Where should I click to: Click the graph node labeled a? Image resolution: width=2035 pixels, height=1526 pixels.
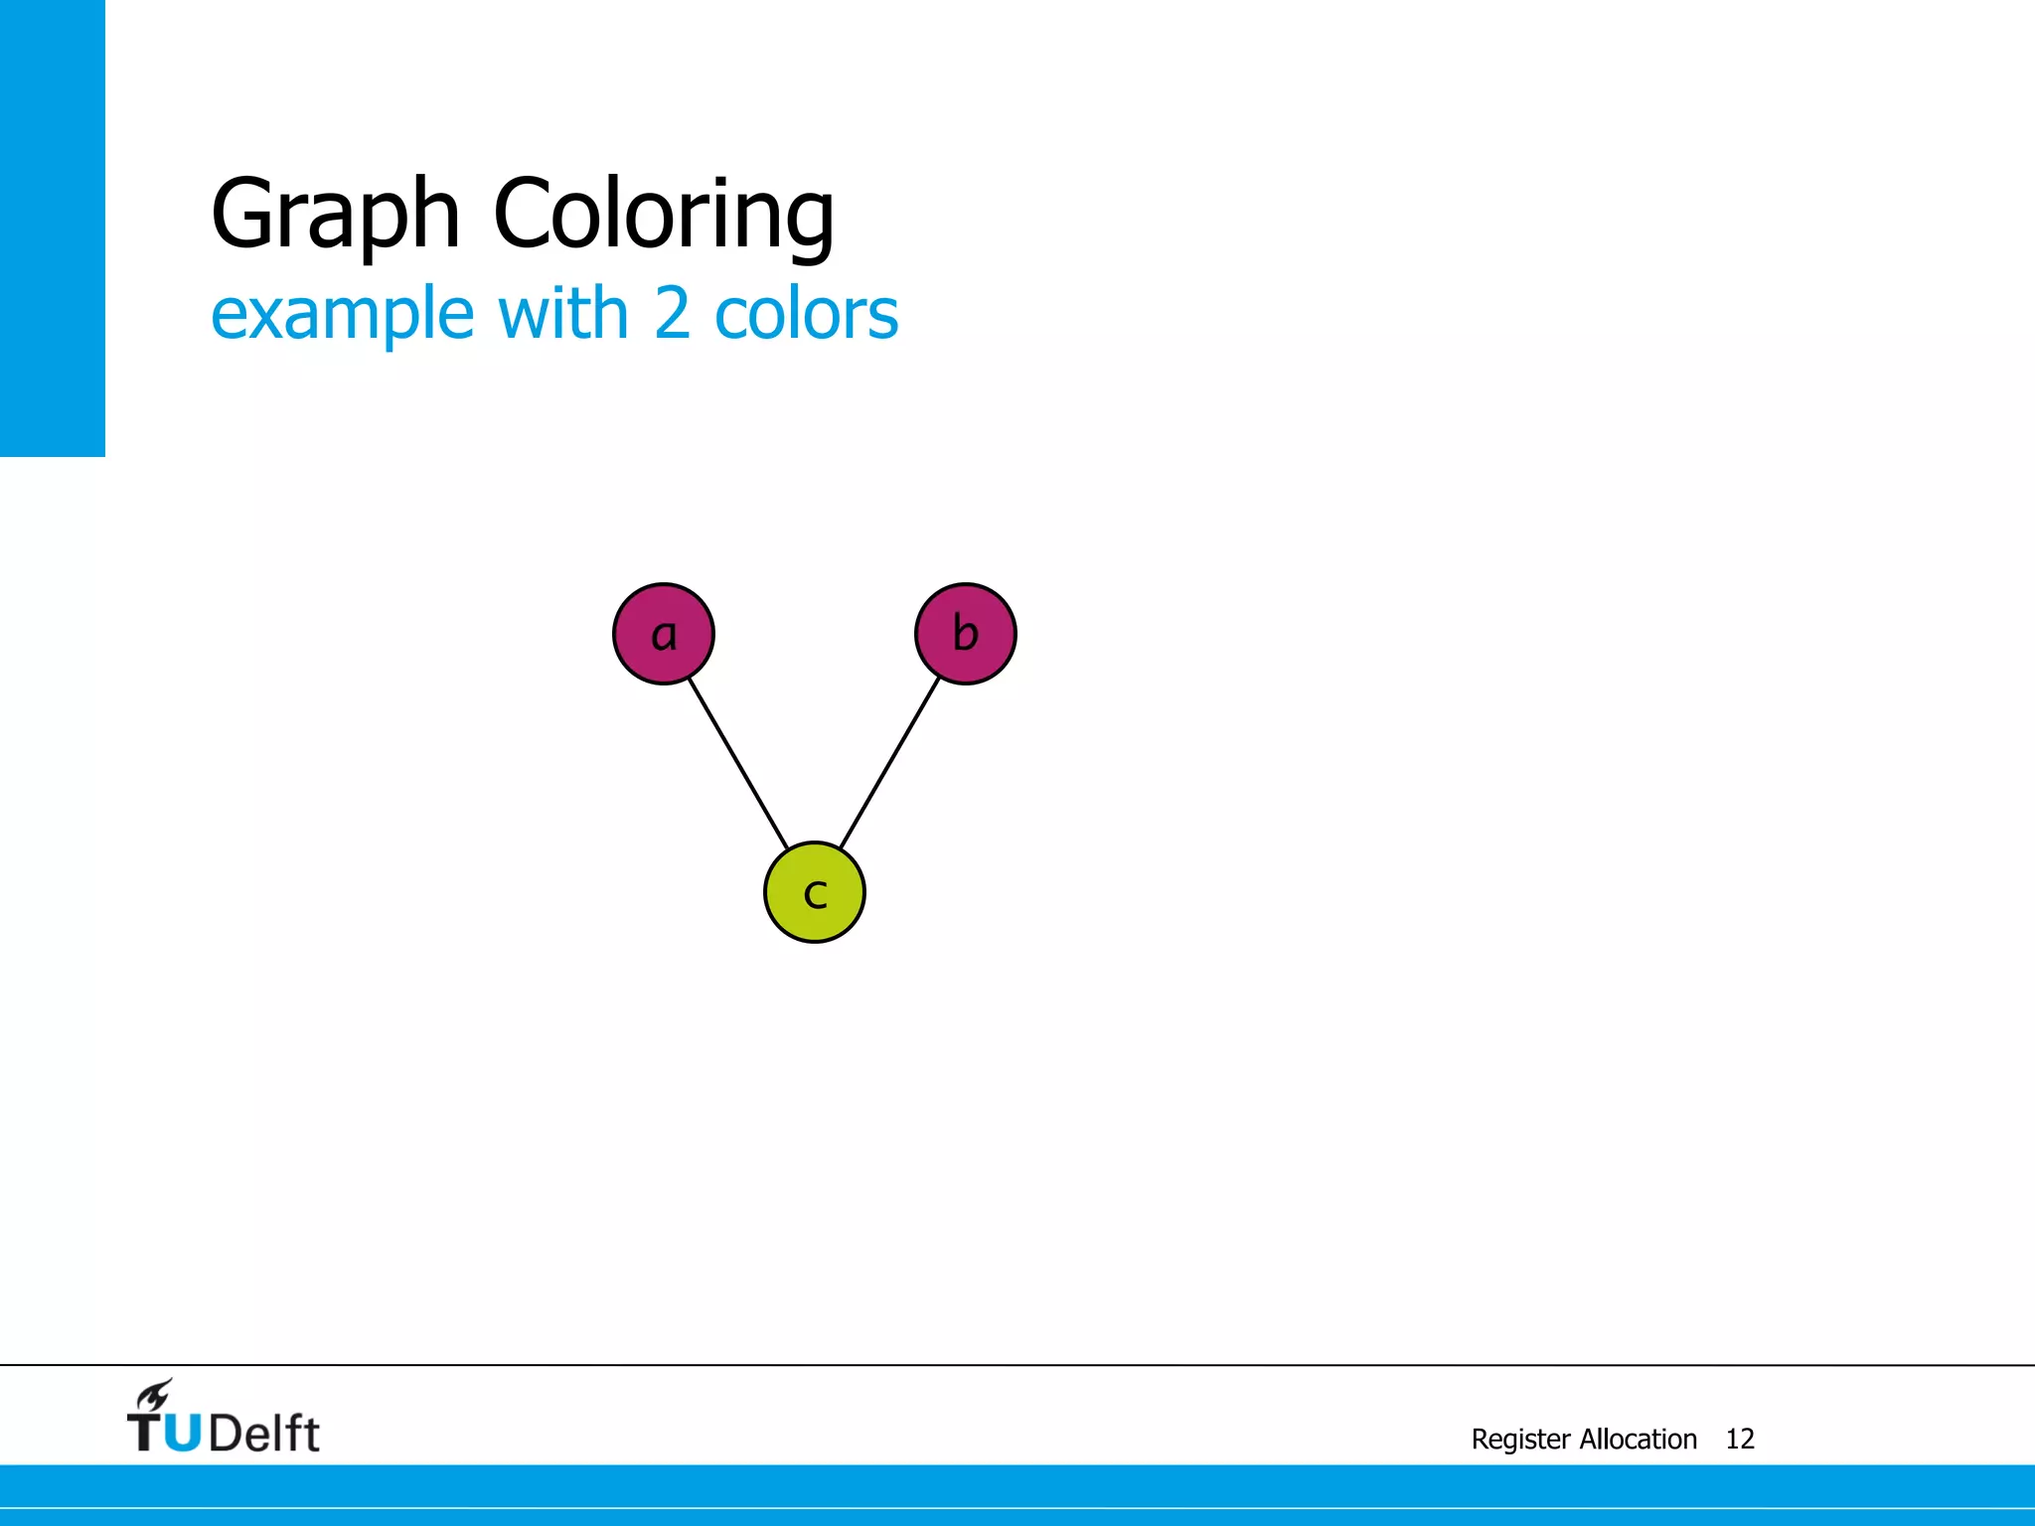(x=664, y=634)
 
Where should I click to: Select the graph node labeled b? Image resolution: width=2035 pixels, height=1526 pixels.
(x=965, y=634)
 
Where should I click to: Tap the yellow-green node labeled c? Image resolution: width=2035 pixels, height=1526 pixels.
(x=815, y=892)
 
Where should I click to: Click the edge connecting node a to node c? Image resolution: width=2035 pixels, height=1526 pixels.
(x=738, y=763)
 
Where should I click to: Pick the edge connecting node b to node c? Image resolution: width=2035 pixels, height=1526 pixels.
(x=890, y=763)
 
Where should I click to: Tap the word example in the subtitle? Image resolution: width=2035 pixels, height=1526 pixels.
(x=343, y=314)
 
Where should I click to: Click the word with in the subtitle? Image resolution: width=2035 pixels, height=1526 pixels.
(x=563, y=312)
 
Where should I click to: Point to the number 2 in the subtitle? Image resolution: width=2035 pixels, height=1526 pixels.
(x=672, y=312)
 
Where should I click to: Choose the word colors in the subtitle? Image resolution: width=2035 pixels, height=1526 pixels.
(x=806, y=314)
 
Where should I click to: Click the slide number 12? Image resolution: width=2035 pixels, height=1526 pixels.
(x=1740, y=1439)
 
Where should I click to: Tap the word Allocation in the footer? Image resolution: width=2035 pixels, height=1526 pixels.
(x=1639, y=1439)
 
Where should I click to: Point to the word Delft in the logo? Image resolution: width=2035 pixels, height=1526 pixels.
(x=264, y=1433)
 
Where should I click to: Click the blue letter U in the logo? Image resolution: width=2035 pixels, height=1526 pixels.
(x=182, y=1432)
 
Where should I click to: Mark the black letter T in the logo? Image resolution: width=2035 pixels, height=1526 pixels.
(x=144, y=1432)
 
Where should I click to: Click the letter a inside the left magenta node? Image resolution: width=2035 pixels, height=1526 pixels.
(x=664, y=635)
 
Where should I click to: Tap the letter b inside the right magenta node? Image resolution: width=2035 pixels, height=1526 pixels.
(x=965, y=633)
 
